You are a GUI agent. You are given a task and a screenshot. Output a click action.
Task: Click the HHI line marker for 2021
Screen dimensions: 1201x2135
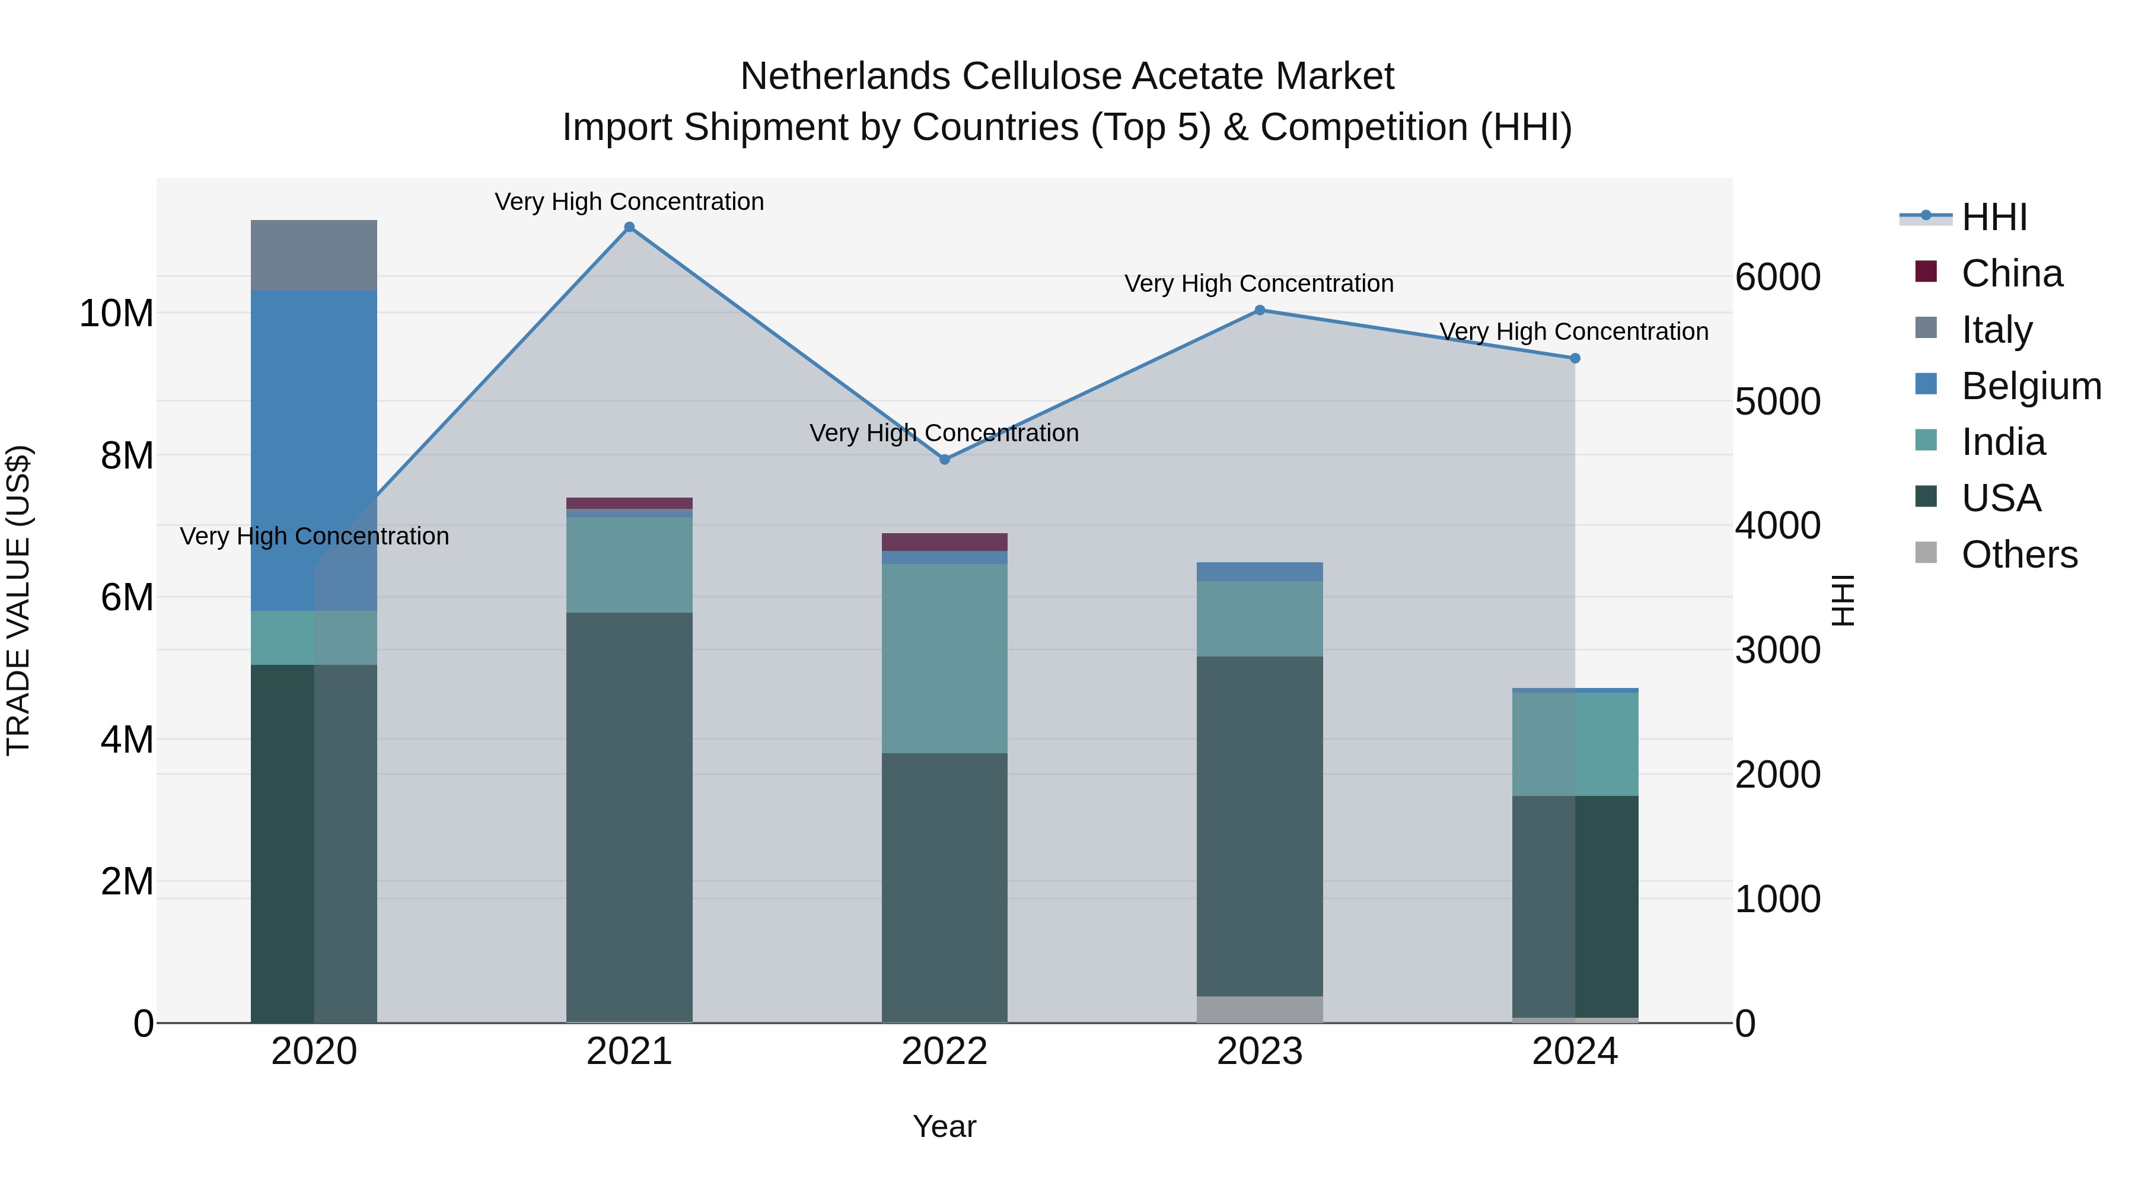point(629,227)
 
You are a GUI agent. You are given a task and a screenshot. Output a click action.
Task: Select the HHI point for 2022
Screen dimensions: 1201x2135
point(944,459)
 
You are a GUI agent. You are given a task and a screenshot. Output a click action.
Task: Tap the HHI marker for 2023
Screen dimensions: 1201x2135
point(1259,310)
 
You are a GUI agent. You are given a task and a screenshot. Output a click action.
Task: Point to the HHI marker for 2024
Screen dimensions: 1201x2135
point(1575,358)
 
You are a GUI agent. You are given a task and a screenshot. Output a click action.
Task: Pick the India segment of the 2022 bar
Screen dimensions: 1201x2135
point(944,658)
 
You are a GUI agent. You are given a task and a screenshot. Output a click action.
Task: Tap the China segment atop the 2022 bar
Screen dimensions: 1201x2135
point(944,542)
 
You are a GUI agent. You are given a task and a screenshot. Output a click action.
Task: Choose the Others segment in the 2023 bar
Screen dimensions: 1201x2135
point(1259,1009)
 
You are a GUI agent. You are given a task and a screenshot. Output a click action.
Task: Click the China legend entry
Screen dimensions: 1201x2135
point(2012,273)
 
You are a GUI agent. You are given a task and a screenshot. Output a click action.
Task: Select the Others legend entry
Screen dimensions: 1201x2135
point(2019,555)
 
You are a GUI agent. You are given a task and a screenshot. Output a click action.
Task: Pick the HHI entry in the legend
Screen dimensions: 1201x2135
point(1994,217)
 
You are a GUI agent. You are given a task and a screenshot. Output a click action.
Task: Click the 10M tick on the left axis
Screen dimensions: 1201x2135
point(116,313)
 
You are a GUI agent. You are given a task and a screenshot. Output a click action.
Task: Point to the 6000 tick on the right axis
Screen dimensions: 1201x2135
point(1778,277)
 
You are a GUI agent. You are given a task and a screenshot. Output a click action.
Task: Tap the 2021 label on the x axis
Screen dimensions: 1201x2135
point(629,1052)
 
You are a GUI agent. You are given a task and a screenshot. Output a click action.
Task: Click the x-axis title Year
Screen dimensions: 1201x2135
point(944,1126)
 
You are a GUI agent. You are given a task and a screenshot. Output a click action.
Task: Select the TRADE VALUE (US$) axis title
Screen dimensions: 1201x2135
point(18,600)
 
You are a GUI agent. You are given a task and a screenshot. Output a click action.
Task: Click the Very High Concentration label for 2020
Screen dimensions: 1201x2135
point(314,536)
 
